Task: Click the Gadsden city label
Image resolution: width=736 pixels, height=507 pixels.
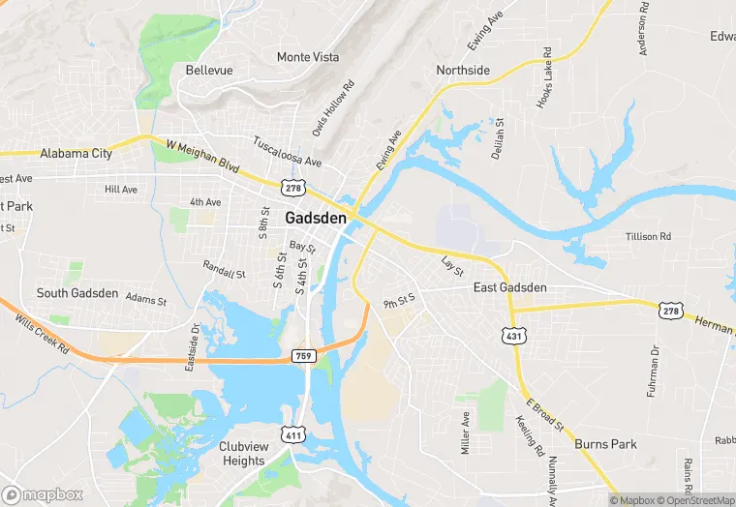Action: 315,218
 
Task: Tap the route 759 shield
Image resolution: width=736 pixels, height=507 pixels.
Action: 304,357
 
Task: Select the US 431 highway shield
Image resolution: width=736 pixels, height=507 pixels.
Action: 512,335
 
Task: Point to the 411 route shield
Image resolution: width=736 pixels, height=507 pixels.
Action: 293,436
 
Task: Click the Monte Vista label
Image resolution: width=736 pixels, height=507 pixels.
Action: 308,57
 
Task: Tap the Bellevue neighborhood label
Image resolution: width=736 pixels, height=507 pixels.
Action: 208,71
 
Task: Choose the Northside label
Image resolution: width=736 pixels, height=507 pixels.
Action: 463,71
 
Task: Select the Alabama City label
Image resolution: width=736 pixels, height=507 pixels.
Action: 76,154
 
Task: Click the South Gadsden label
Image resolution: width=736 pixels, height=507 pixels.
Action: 77,293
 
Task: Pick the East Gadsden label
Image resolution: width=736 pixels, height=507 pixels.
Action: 509,287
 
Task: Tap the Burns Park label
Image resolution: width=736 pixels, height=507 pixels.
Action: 605,444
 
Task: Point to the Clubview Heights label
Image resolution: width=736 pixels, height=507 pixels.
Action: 242,454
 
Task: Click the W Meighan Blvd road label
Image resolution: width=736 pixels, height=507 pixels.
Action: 202,157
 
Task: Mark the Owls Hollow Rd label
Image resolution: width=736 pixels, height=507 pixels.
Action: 333,108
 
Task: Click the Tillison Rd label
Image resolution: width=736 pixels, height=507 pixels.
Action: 648,236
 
